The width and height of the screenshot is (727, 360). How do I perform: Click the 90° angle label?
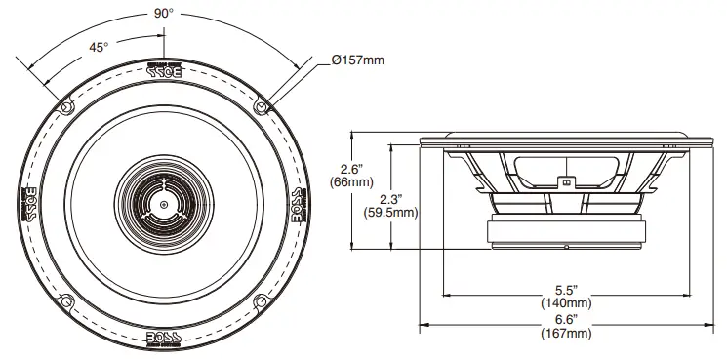pyautogui.click(x=163, y=14)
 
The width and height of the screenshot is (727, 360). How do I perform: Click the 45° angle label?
pyautogui.click(x=98, y=45)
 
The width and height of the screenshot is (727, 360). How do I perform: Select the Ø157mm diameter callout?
pyautogui.click(x=357, y=60)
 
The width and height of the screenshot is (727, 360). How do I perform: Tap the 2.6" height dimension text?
pyautogui.click(x=366, y=167)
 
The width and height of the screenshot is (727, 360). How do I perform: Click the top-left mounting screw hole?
pyautogui.click(x=65, y=105)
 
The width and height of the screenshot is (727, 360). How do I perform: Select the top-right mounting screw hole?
pyautogui.click(x=261, y=105)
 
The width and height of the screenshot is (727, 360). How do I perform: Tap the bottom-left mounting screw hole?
pyautogui.click(x=65, y=301)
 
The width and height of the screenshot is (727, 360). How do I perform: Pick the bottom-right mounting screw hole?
pyautogui.click(x=261, y=301)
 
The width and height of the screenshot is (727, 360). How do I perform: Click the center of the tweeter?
pyautogui.click(x=163, y=204)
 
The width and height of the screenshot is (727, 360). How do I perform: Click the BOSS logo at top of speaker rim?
pyautogui.click(x=163, y=71)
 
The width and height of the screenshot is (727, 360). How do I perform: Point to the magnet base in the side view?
pyautogui.click(x=566, y=233)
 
